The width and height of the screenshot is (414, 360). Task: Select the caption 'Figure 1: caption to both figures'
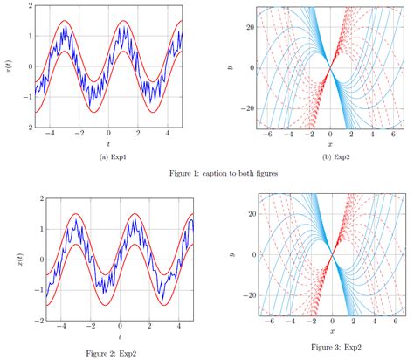click(x=207, y=174)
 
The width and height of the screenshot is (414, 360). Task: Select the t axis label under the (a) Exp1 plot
click(x=107, y=143)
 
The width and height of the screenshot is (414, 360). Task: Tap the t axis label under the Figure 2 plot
click(x=107, y=336)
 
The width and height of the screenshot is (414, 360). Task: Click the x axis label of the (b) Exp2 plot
click(x=331, y=143)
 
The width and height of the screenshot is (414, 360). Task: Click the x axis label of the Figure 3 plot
click(x=331, y=332)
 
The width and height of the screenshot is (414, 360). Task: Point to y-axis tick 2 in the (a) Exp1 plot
click(x=30, y=6)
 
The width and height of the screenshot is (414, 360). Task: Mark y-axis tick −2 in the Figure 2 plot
click(x=27, y=322)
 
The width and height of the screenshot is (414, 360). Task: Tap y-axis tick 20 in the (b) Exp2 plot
click(x=248, y=27)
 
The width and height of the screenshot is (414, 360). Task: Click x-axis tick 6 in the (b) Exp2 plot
click(x=392, y=135)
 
